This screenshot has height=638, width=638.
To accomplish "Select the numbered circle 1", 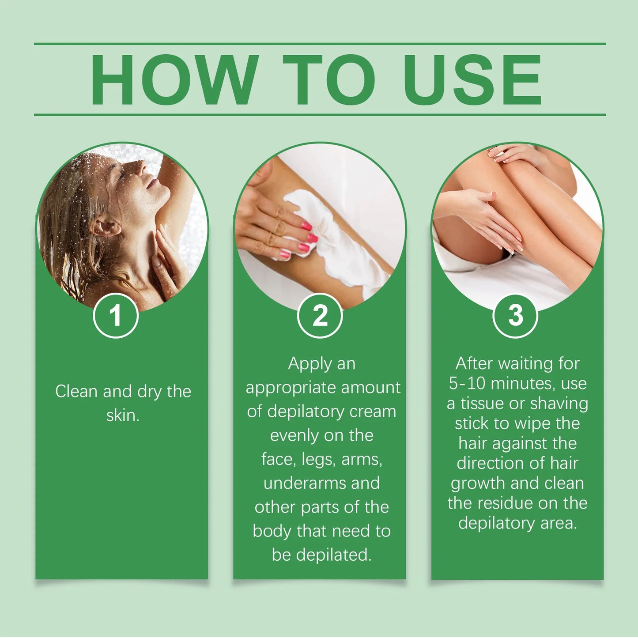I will click(x=116, y=316).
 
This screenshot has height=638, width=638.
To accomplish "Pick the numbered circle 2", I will click(x=320, y=316).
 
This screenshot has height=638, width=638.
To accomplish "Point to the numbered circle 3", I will click(x=515, y=316).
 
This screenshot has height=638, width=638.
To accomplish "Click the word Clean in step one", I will click(x=77, y=391).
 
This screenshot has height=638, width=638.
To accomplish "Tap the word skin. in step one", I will click(x=123, y=415).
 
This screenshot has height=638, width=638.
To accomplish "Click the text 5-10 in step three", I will click(x=467, y=383).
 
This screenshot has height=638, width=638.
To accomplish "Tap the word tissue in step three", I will click(x=482, y=404).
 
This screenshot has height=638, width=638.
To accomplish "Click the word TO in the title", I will click(x=329, y=80).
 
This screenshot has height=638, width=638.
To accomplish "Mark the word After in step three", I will click(x=474, y=363).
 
